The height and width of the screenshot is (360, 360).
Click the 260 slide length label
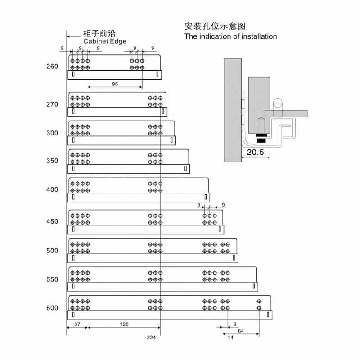(x=52, y=67)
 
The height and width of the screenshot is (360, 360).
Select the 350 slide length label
(x=52, y=161)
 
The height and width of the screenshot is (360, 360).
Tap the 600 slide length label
(x=52, y=308)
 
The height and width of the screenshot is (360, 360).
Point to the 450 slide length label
(x=52, y=221)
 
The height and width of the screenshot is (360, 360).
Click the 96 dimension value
(x=115, y=84)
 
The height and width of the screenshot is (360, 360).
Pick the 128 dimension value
(x=124, y=324)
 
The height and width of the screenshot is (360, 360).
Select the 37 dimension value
(x=77, y=324)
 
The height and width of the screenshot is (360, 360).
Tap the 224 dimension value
(x=151, y=337)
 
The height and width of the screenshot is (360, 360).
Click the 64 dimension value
(x=241, y=331)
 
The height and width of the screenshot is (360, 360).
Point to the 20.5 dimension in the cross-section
(x=255, y=152)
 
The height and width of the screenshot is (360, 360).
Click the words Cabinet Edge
(x=105, y=41)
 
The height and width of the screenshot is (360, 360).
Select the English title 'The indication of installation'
(x=230, y=36)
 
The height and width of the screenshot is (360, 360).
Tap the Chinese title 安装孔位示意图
(x=215, y=26)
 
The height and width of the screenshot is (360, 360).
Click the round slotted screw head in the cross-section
(x=278, y=102)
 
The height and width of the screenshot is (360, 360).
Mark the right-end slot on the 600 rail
(x=268, y=315)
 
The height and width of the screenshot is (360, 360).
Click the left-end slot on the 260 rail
(x=73, y=74)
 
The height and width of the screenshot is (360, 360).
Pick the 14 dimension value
(x=230, y=337)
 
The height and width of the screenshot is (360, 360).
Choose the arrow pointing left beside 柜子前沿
(x=74, y=36)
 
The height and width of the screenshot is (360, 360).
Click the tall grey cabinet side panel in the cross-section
(x=233, y=110)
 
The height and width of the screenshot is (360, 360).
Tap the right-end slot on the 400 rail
(x=206, y=197)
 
